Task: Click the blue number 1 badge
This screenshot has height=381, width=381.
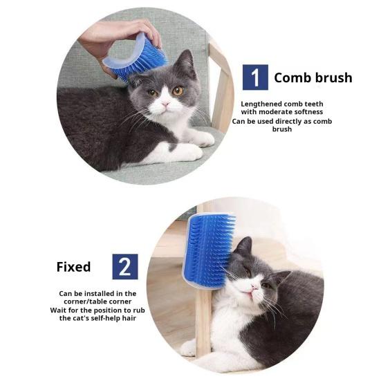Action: (x=255, y=77)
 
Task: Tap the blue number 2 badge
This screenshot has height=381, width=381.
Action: (x=125, y=266)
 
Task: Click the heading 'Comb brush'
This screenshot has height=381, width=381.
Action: (x=313, y=77)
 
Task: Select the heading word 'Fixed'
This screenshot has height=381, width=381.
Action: (x=73, y=266)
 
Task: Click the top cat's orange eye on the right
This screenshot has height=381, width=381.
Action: (x=178, y=91)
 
